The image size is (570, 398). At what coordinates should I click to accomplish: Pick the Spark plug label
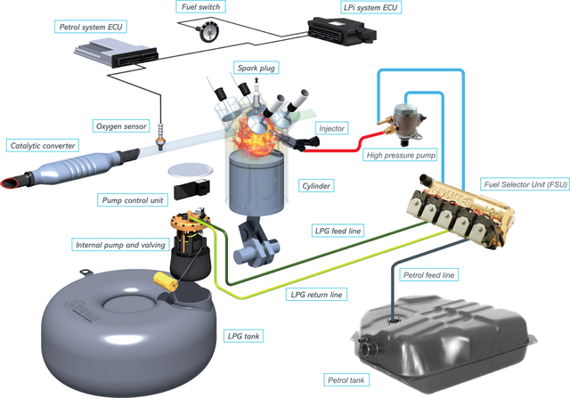click(255, 68)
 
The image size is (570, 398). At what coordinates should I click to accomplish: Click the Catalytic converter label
click(42, 145)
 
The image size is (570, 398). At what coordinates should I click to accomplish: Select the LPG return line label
click(318, 294)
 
